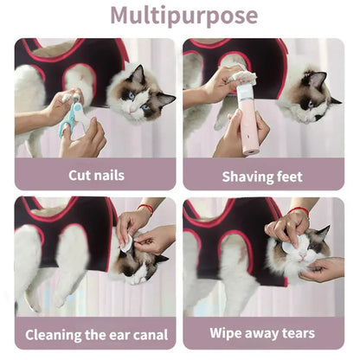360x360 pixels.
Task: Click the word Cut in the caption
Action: [81, 176]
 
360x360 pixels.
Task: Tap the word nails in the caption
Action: [109, 176]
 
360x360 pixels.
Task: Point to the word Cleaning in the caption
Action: [55, 333]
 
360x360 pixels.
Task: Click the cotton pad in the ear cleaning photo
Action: [126, 246]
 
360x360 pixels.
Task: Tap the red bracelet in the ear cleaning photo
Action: [146, 209]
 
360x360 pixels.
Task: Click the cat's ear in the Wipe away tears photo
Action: [322, 234]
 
